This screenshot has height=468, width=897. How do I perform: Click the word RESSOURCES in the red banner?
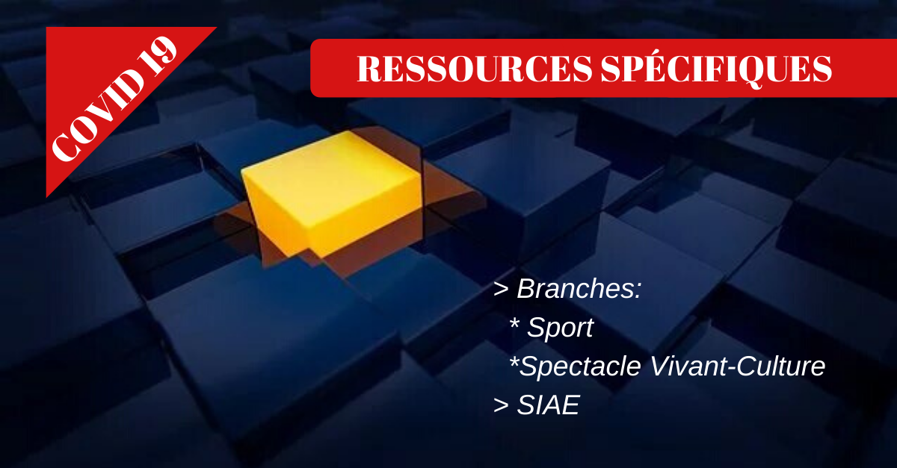pyautogui.click(x=475, y=69)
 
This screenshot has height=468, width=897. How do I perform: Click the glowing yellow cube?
pyautogui.click(x=333, y=194)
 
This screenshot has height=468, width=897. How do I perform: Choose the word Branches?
pyautogui.click(x=575, y=288)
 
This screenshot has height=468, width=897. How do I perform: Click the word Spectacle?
pyautogui.click(x=580, y=366)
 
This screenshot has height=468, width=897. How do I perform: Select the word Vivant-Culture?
pyautogui.click(x=738, y=366)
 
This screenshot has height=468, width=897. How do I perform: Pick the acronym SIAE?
pyautogui.click(x=548, y=405)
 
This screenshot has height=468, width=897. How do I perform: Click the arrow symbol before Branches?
pyautogui.click(x=501, y=289)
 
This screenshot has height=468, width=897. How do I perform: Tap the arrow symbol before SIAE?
pyautogui.click(x=501, y=405)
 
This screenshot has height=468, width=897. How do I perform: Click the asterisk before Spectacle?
pyautogui.click(x=514, y=361)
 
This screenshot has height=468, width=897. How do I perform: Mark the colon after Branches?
pyautogui.click(x=638, y=291)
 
